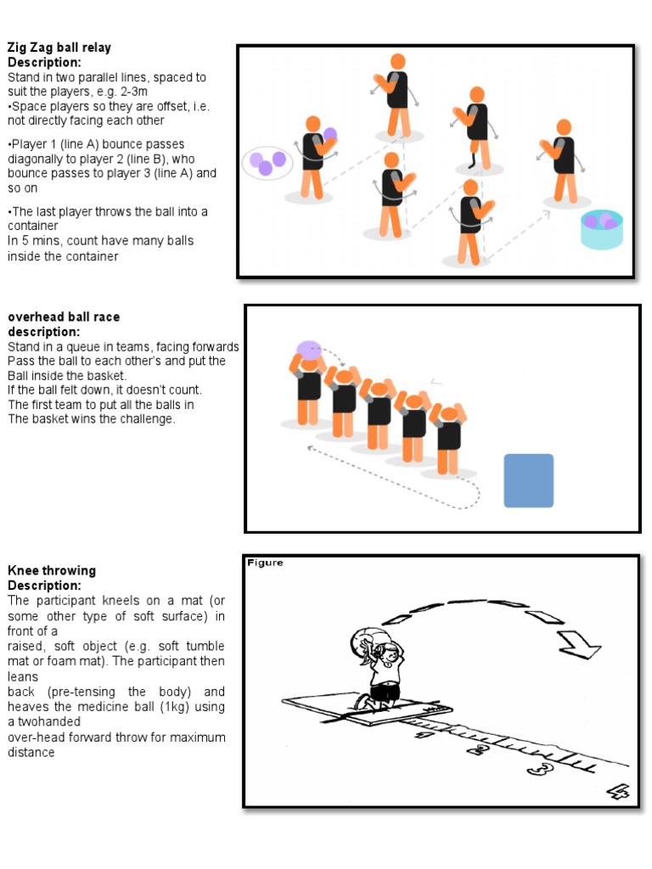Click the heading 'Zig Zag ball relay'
point(59,48)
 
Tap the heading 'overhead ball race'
point(64,317)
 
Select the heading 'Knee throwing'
point(52,570)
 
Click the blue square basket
point(528,480)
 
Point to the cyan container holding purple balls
point(602,230)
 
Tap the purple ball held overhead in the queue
point(308,349)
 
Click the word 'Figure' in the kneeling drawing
point(265,563)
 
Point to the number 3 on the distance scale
point(537,769)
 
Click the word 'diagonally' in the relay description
point(37,159)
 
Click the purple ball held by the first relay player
point(330,134)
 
